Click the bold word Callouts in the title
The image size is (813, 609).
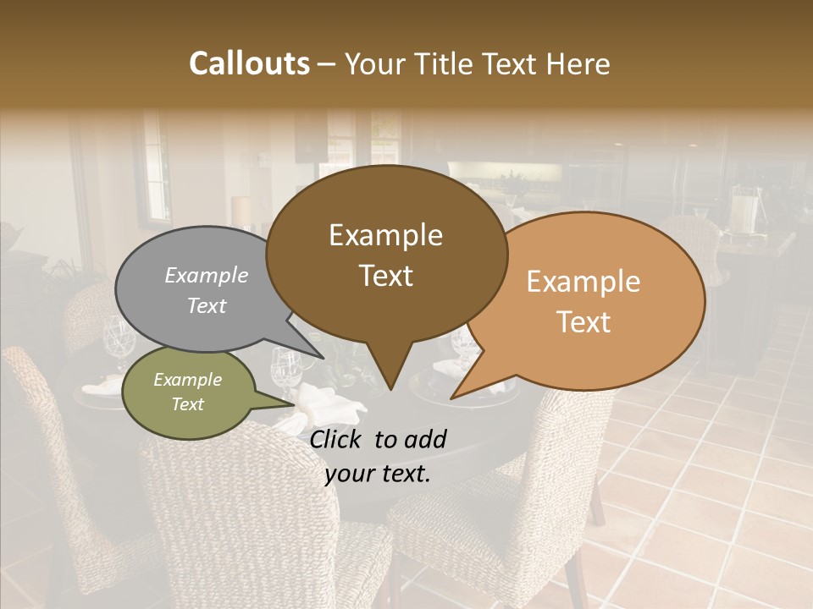click(249, 63)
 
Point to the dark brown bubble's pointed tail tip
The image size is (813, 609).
click(390, 389)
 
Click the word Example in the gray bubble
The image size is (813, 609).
click(206, 275)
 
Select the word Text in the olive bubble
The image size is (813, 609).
click(187, 404)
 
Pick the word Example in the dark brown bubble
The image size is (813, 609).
click(385, 235)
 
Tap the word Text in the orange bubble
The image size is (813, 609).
click(583, 322)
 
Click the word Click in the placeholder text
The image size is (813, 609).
click(337, 438)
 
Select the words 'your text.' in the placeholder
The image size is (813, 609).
click(378, 474)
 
